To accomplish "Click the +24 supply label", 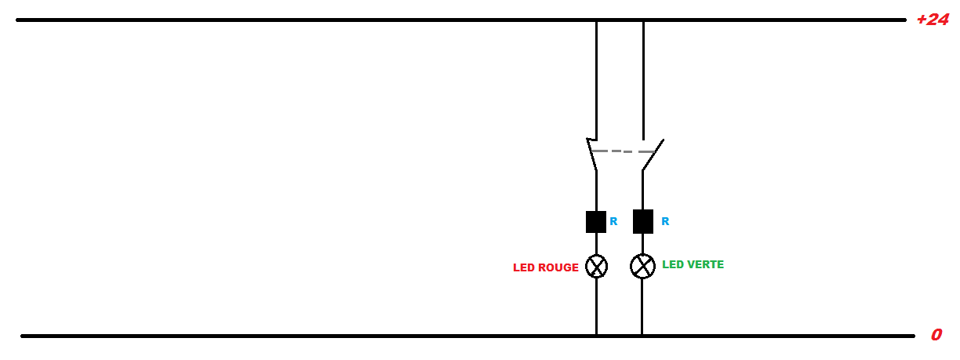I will coord(933,20).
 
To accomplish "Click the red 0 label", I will coord(936,335).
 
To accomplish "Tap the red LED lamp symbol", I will coord(597,267).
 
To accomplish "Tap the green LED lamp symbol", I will coord(642,267).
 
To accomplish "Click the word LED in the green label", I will coord(672,265).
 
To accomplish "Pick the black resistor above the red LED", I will coord(596,222).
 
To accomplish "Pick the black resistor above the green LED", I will coord(643,222).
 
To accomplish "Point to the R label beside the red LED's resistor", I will coord(613,222).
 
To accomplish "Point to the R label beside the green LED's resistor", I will coord(665,222).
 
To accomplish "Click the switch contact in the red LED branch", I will coord(592,155).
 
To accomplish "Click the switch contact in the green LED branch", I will coord(653,155).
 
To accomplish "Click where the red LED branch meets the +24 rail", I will coord(596,20).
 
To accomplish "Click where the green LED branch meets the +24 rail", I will coord(643,20).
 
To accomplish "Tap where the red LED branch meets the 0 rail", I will coord(596,336).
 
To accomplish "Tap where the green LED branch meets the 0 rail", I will coord(642,336).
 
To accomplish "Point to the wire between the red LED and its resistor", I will coord(596,244).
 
